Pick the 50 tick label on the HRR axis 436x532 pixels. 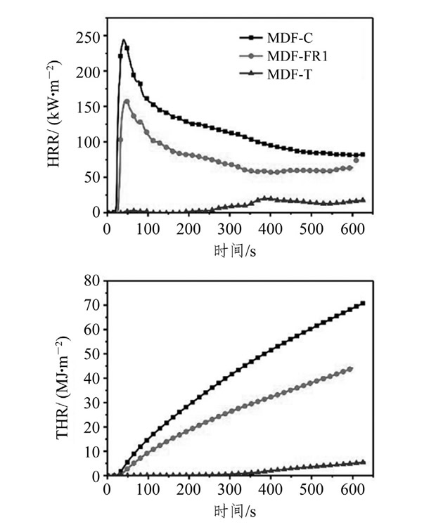pos(92,176)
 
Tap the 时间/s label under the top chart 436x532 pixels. pos(235,248)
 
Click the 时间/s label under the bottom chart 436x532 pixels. pos(235,512)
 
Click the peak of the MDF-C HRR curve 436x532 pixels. pos(124,41)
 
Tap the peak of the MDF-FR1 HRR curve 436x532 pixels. pos(127,101)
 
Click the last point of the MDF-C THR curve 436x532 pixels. pos(363,304)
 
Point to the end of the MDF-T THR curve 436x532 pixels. pos(363,462)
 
